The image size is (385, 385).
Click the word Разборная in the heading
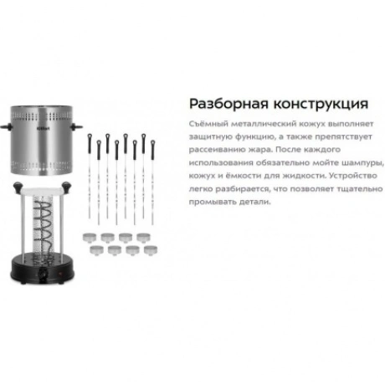point(228,104)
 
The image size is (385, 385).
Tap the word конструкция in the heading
point(321,105)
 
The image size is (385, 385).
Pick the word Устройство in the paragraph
point(353,176)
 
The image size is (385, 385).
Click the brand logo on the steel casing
point(44,129)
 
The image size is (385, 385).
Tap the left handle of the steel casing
point(6,127)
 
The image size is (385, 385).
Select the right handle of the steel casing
point(76,127)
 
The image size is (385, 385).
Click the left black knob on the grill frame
point(18,187)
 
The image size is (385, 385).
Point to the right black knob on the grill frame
point(66,187)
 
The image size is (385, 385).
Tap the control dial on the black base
point(43,275)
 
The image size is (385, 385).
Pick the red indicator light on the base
point(60,275)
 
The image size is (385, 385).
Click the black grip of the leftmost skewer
point(90,144)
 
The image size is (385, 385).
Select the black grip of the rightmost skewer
point(152,150)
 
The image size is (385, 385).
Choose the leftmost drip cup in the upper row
point(90,238)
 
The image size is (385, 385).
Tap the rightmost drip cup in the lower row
point(151,250)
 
